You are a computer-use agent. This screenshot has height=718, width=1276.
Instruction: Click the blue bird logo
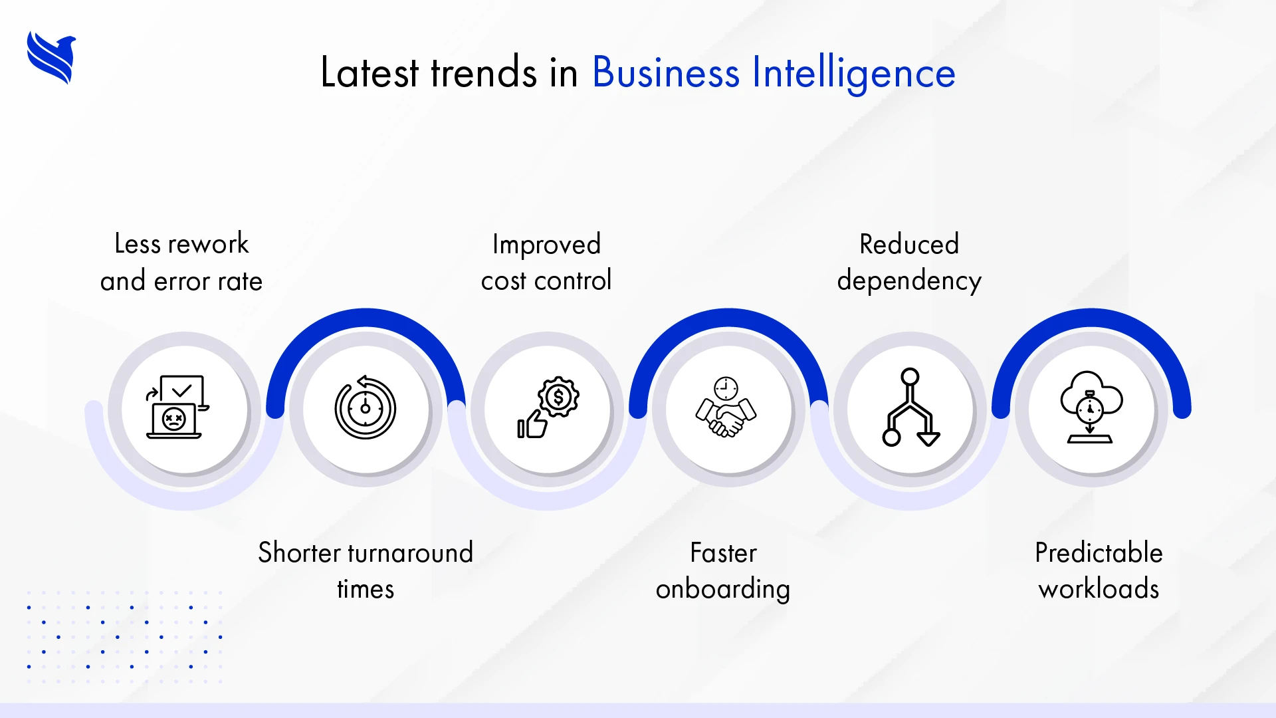click(x=51, y=58)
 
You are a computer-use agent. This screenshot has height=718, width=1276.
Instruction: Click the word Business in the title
click(x=665, y=72)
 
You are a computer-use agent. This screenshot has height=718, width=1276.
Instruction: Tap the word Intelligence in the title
click(x=853, y=74)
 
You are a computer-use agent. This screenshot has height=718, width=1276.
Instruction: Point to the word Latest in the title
click(x=370, y=72)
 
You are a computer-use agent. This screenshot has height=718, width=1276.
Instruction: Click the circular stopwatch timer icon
click(x=365, y=408)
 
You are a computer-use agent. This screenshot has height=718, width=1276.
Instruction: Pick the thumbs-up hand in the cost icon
click(x=532, y=423)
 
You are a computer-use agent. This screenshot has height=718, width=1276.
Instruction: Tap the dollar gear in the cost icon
click(x=558, y=397)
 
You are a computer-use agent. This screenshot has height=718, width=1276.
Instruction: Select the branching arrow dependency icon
click(x=910, y=407)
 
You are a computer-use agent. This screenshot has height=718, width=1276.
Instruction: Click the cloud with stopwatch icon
click(x=1091, y=406)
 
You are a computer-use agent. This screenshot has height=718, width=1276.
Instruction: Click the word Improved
click(x=546, y=245)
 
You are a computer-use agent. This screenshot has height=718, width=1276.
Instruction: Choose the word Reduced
click(x=908, y=244)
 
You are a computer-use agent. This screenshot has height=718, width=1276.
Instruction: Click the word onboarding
click(x=722, y=590)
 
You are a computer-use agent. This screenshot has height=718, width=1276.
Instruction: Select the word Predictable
click(x=1099, y=553)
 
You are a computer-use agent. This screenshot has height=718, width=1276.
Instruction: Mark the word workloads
click(x=1099, y=590)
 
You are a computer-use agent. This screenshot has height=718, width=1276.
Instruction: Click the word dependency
click(x=908, y=281)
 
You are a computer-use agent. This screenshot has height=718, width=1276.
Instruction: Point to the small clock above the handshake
click(x=726, y=388)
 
